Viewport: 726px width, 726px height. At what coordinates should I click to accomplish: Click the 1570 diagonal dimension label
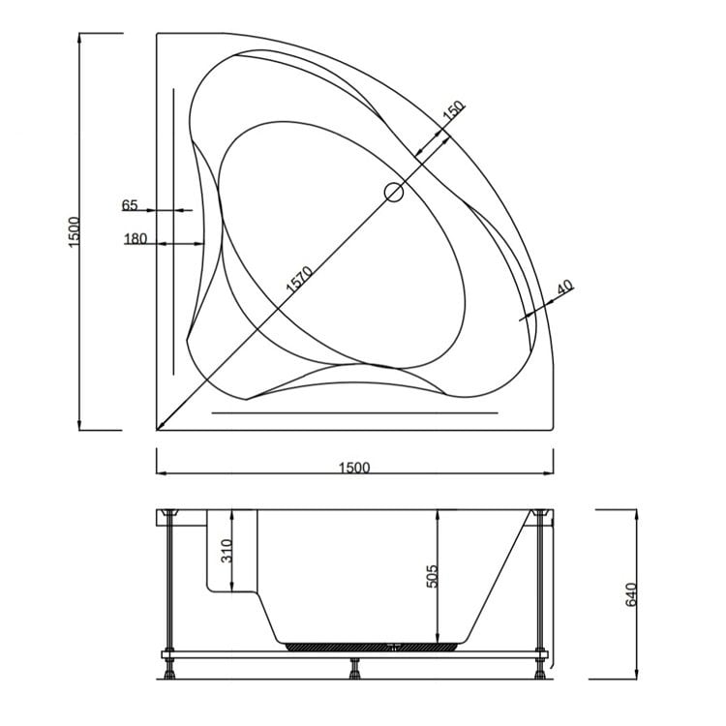coord(299,278)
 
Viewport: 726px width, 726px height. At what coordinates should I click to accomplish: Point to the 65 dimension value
coord(131,205)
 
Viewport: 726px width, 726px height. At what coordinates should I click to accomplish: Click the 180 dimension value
coord(135,239)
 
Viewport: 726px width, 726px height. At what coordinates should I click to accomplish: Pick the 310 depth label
coord(226,553)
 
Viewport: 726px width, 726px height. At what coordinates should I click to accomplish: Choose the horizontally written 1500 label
coord(354,468)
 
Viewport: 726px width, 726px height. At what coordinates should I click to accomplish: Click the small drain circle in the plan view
coord(393,192)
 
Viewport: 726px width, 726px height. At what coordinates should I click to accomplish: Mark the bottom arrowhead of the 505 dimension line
coord(439,635)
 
